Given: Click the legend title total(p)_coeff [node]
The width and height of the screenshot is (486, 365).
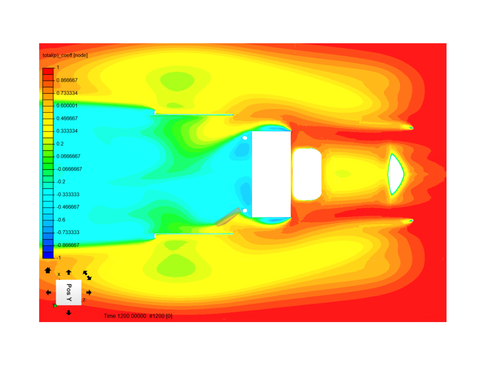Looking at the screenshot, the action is (x=65, y=55).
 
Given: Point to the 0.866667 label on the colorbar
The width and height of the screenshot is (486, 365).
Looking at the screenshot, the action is (x=67, y=80).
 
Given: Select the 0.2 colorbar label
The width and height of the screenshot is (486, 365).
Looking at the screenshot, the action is (x=60, y=144).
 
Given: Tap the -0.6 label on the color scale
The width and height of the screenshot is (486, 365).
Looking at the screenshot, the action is (x=61, y=220).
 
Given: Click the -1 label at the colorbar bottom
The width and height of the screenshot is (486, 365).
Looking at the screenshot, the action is (x=58, y=258).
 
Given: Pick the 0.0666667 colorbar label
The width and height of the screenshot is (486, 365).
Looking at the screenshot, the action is (x=68, y=156).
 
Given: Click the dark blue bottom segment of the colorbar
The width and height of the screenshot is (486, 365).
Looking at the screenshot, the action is (x=48, y=255).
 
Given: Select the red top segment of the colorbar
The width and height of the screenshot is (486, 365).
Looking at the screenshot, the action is (x=48, y=71).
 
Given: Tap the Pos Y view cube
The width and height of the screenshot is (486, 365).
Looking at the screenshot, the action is (x=69, y=292).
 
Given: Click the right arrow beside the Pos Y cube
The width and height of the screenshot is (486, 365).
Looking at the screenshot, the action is (x=89, y=293).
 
